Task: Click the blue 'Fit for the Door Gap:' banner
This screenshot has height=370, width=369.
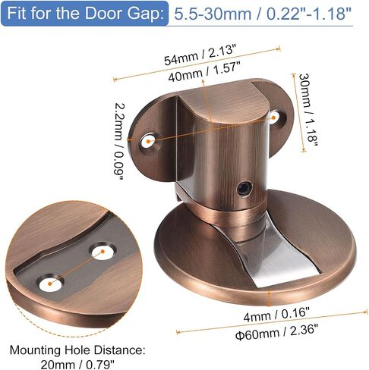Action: [84, 14]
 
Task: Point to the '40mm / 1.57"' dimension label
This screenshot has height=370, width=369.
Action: [204, 72]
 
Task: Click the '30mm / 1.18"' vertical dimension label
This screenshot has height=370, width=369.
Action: [307, 110]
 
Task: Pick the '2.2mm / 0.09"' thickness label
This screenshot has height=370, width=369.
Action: [119, 141]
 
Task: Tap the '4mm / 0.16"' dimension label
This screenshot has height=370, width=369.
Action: [276, 314]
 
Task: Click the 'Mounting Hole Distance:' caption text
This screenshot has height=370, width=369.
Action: [77, 350]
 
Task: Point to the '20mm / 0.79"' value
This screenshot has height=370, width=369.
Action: [77, 364]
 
